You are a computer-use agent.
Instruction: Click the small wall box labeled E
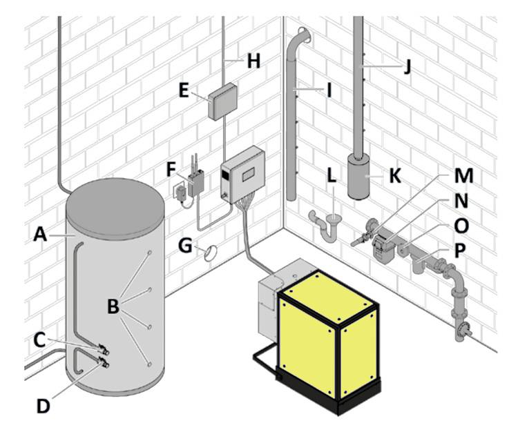(222, 101)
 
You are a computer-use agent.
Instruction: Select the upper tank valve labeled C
(103, 350)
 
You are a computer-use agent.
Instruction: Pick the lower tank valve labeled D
(103, 362)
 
